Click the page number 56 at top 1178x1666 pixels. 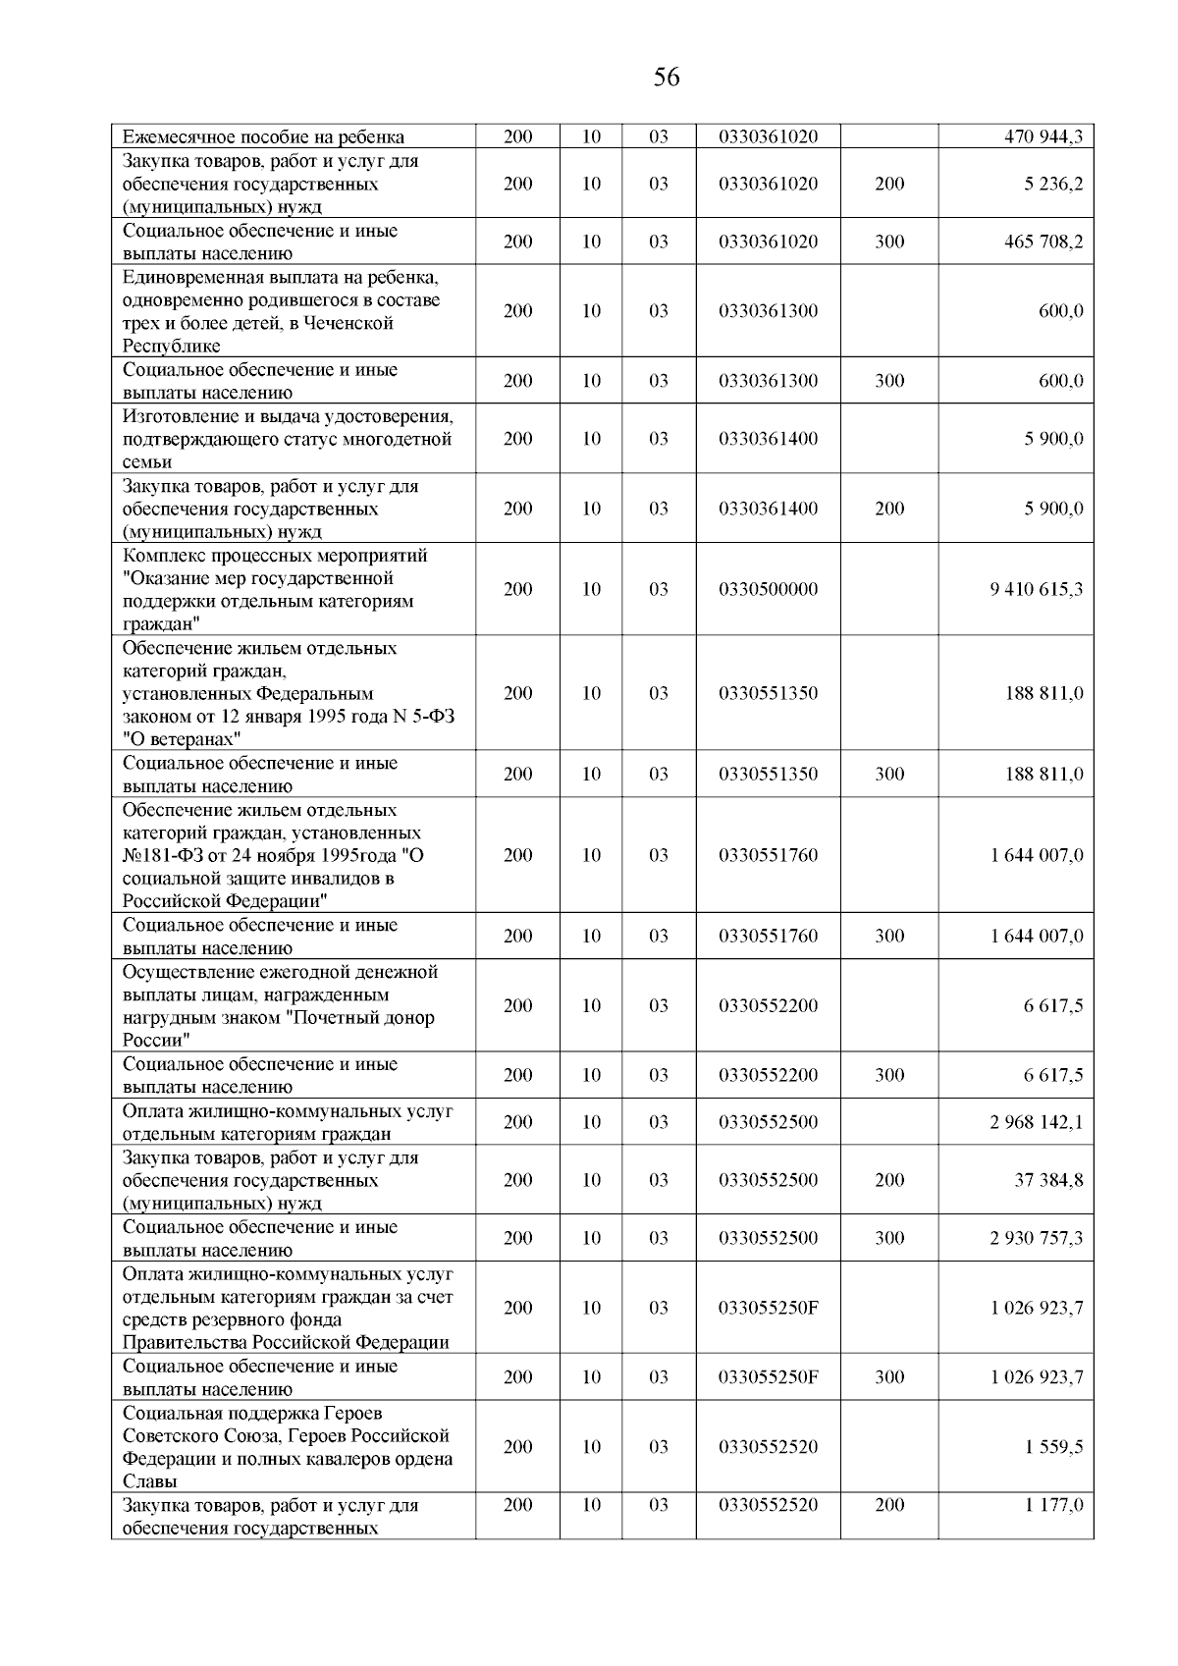666,78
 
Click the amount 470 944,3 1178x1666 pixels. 1043,136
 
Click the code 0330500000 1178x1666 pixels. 768,589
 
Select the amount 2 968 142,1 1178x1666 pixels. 1037,1122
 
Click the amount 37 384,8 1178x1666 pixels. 1048,1180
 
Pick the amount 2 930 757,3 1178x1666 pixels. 1037,1238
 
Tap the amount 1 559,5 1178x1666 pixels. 1054,1447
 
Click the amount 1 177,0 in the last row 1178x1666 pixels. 1054,1505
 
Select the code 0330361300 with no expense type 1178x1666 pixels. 768,311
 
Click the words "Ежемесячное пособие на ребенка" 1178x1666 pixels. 263,137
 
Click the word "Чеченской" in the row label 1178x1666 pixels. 349,323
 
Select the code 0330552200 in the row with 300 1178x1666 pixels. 768,1075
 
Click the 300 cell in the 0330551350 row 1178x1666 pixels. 889,775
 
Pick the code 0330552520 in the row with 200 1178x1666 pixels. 768,1505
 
